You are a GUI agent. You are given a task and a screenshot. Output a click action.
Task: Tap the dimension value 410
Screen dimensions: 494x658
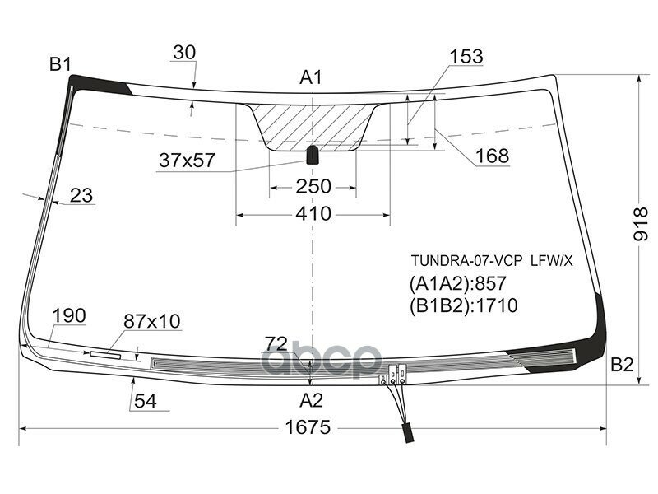[313, 214]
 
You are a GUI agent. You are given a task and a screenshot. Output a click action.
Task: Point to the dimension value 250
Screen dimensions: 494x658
[313, 187]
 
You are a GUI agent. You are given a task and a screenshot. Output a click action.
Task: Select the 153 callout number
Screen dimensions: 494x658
[466, 57]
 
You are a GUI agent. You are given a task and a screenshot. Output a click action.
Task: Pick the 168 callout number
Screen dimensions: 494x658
[492, 156]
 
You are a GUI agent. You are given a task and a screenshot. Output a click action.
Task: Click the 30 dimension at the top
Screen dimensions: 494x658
[184, 53]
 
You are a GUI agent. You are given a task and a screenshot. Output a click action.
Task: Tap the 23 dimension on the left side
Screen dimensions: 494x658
[81, 195]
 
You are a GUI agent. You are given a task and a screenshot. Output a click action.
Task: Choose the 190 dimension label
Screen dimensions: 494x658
[69, 316]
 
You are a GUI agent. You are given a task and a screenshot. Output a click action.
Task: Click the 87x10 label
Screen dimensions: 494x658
[152, 321]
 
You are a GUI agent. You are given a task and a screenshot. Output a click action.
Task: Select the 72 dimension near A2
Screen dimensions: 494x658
[278, 343]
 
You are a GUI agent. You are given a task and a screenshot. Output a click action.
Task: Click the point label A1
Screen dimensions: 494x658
[310, 78]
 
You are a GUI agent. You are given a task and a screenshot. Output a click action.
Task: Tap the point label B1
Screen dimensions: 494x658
[60, 64]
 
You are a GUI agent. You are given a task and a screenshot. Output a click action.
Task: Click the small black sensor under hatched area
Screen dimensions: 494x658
[313, 155]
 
